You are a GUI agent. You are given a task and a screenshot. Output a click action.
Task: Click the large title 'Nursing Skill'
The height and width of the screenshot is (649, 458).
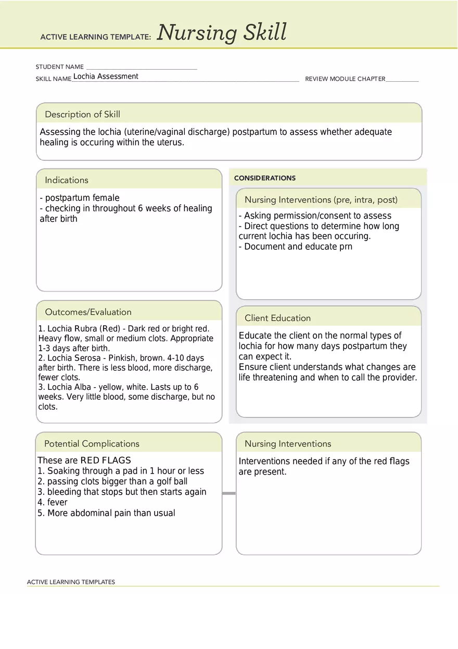222,32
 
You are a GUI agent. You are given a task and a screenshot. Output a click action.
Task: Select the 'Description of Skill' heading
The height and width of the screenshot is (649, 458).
82,114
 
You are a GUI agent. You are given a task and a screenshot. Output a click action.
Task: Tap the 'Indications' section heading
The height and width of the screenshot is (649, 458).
67,180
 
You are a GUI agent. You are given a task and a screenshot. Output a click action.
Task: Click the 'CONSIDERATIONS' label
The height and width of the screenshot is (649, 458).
264,178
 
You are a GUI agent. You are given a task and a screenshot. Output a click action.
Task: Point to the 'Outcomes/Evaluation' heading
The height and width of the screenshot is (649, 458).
88,312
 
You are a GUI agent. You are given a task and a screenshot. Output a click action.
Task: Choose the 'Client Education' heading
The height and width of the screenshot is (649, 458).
277,318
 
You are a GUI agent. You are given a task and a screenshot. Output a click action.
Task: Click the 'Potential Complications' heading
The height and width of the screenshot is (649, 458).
92,444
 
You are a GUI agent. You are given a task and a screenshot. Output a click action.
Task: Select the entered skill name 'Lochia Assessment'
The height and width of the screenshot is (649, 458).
106,77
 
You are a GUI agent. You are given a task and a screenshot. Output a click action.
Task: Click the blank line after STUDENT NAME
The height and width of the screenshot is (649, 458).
142,67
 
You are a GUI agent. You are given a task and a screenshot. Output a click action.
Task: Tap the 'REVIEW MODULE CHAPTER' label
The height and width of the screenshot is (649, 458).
345,79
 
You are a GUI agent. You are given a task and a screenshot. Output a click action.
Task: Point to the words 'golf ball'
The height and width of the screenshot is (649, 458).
170,481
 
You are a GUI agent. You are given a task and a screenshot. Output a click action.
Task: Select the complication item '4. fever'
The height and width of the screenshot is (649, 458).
53,502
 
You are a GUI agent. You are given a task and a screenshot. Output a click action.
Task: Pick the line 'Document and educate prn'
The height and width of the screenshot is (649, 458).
296,247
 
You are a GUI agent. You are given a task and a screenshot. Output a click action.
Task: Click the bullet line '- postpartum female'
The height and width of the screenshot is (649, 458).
80,198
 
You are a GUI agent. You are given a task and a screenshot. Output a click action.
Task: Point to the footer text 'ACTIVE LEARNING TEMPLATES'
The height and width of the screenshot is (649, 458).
71,582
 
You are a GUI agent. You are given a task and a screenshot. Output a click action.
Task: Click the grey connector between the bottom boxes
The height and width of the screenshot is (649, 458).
229,493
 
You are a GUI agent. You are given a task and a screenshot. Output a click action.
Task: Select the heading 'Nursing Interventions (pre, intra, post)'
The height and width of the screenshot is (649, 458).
321,200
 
